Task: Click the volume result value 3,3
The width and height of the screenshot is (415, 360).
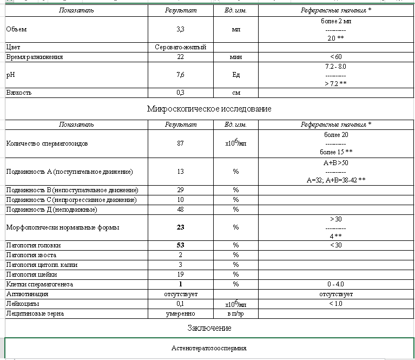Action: click(x=181, y=29)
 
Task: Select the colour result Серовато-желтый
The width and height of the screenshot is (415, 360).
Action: click(x=181, y=48)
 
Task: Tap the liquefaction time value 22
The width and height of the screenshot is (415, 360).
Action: click(x=181, y=57)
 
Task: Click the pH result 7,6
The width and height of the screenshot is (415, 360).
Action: click(x=181, y=75)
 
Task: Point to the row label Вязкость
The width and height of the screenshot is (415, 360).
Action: click(x=19, y=93)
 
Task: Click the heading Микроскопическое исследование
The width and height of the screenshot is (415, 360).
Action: click(x=209, y=109)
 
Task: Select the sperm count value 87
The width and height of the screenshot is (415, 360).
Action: click(x=181, y=143)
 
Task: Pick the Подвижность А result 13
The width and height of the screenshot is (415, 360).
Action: click(x=181, y=172)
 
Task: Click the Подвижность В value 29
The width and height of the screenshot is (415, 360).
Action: click(x=181, y=190)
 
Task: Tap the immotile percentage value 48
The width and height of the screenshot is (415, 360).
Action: click(x=181, y=209)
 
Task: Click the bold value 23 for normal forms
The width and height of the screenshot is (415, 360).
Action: click(x=181, y=227)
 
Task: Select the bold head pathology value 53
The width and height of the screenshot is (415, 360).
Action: click(x=181, y=245)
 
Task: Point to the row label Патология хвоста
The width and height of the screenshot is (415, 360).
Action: click(x=31, y=255)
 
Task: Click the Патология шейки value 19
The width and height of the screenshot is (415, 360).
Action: click(x=181, y=274)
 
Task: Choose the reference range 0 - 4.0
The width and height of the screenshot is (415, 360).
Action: click(x=336, y=284)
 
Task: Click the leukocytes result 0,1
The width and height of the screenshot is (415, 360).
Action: click(x=181, y=304)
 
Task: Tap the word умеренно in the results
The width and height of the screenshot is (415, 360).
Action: click(x=181, y=313)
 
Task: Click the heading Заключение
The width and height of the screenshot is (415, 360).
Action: click(x=209, y=328)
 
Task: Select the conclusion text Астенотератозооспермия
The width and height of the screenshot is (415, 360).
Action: click(x=209, y=349)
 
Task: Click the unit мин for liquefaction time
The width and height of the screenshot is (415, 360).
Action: click(x=235, y=57)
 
